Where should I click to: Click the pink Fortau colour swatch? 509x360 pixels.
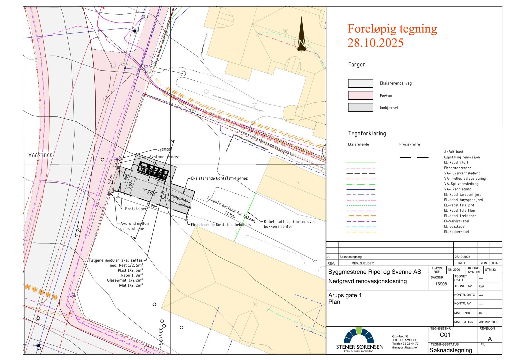click(360, 95)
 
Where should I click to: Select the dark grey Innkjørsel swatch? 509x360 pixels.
click(360, 107)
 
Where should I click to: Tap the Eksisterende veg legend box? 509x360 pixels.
click(360, 83)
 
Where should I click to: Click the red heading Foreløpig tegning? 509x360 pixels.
click(392, 29)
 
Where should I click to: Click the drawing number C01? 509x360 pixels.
click(445, 335)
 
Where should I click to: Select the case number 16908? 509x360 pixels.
click(441, 284)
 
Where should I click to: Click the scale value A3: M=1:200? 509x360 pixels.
click(488, 322)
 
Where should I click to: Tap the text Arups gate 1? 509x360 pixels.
click(345, 295)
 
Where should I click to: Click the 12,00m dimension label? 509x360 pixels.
click(152, 206)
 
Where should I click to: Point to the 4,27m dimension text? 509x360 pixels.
click(110, 179)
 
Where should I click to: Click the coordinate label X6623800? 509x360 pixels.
click(40, 155)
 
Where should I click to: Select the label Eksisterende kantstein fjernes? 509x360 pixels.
click(219, 178)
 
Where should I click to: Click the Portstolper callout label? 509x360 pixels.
click(136, 209)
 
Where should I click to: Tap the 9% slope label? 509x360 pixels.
click(80, 230)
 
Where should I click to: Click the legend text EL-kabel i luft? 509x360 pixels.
click(456, 163)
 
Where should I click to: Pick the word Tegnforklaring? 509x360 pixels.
click(367, 133)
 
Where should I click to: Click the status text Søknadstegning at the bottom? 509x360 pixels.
click(450, 350)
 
